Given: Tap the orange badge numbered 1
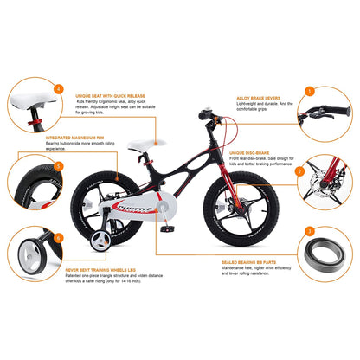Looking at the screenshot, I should pos(308,89).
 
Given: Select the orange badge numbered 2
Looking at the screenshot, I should pos(299,171).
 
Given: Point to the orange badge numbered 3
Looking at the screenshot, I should pos(308,232).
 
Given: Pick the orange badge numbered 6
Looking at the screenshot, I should pos(57,237).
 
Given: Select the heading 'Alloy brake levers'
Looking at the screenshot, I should pos(256,98).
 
